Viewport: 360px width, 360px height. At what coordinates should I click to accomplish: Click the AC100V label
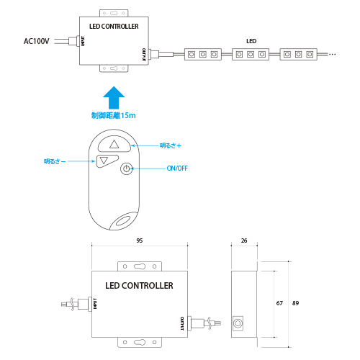click(x=37, y=41)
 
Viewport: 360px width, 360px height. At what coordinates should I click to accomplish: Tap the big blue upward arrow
click(x=114, y=98)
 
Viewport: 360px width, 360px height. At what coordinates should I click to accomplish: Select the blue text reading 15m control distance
click(x=113, y=115)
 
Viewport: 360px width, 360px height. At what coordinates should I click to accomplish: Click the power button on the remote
click(x=126, y=168)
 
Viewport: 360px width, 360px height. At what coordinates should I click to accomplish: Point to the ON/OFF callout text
click(x=177, y=168)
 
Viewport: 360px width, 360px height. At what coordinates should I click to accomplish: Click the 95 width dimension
click(x=140, y=240)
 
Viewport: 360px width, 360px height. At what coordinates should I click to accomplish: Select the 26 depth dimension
click(x=244, y=240)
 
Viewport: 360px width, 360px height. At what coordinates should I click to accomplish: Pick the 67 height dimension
click(x=279, y=303)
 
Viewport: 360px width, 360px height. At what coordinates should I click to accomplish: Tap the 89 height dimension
click(x=295, y=303)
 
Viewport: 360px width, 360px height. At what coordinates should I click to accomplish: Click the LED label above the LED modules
click(x=251, y=41)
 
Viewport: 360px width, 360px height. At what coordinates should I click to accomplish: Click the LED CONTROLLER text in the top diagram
click(x=114, y=27)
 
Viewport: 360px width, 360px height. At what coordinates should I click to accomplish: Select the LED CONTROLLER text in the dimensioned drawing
click(x=139, y=286)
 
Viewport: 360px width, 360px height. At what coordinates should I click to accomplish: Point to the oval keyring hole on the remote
click(x=124, y=221)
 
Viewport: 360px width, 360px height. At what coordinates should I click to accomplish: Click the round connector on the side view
click(x=238, y=323)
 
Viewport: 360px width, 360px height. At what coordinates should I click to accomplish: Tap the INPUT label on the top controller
click(x=83, y=41)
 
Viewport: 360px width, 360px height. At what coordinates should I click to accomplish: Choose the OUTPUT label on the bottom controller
click(x=182, y=323)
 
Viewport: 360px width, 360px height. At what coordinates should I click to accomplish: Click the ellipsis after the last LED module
click(x=332, y=55)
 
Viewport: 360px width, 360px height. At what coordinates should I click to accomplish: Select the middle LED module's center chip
click(x=251, y=55)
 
